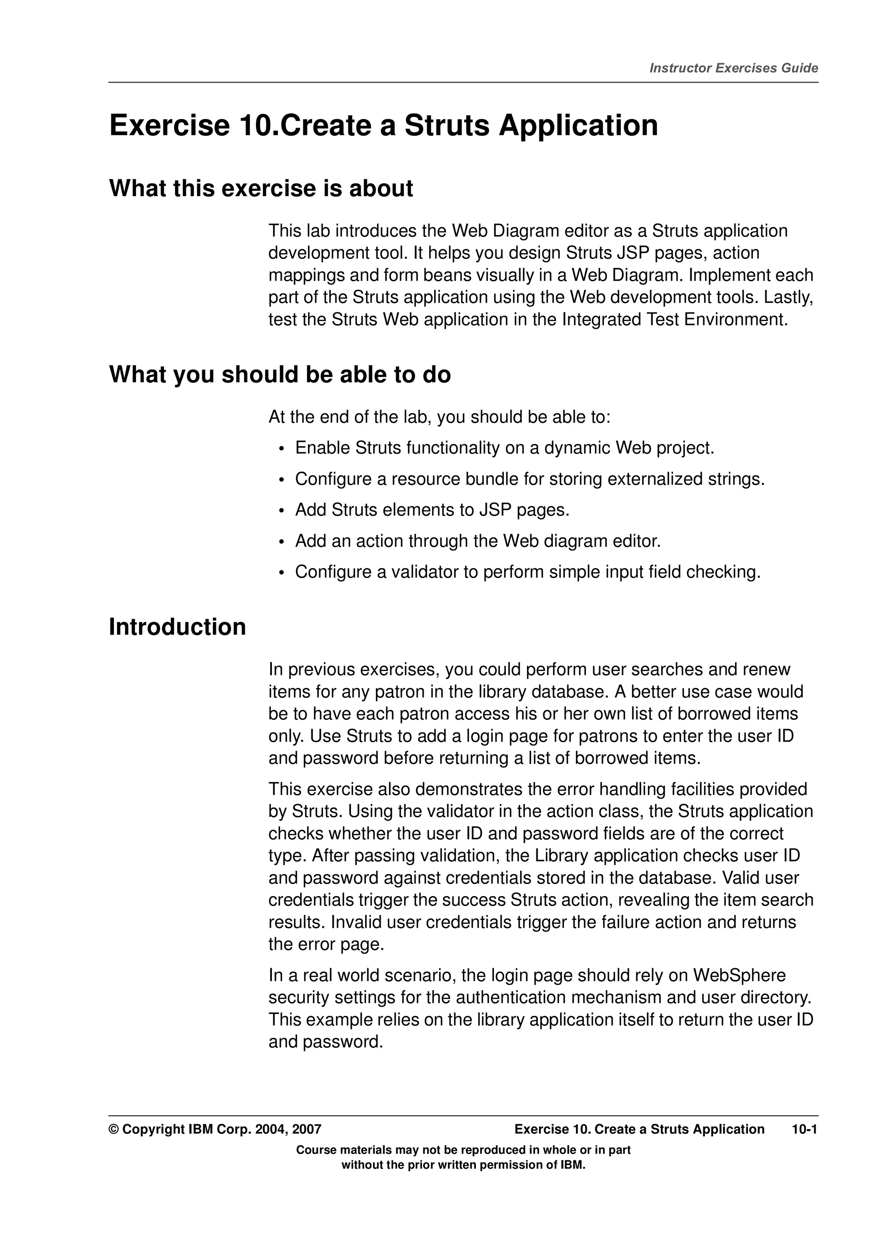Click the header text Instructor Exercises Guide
[x=733, y=68]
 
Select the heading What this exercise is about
[x=261, y=188]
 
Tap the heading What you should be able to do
[x=280, y=374]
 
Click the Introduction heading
[x=178, y=627]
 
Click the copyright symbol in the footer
[x=114, y=1129]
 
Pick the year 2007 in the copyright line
[x=307, y=1129]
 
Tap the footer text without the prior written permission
[x=463, y=1165]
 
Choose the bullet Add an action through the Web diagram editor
[x=477, y=541]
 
